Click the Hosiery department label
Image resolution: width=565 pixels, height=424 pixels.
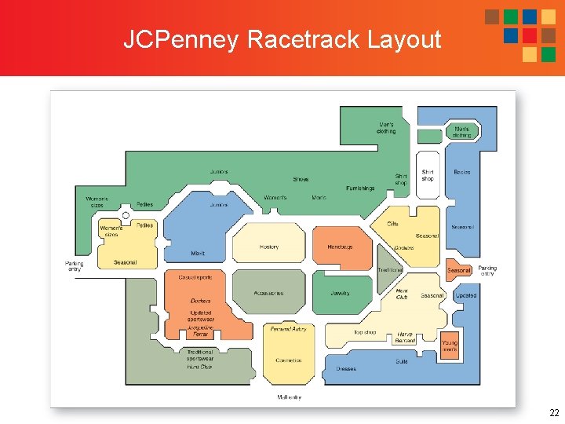click(x=268, y=247)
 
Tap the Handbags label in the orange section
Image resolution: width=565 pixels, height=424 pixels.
click(x=340, y=247)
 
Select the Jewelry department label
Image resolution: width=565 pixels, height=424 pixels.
click(x=340, y=294)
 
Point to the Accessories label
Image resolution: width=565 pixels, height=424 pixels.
click(x=268, y=294)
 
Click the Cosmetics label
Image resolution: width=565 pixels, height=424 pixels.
click(x=289, y=360)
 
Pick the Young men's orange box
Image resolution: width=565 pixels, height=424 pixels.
click(x=449, y=345)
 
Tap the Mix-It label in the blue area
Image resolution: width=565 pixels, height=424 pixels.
click(x=198, y=254)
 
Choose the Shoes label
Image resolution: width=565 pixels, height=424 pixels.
click(x=301, y=180)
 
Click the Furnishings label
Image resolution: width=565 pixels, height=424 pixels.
click(x=360, y=188)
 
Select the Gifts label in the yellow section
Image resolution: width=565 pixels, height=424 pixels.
click(x=392, y=224)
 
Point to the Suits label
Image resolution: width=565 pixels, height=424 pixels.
click(x=401, y=361)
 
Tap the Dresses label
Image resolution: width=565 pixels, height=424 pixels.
click(x=346, y=368)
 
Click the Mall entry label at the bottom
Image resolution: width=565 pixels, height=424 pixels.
click(x=289, y=397)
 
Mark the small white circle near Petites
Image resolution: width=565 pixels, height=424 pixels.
click(x=126, y=215)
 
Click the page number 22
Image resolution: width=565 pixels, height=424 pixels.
click(x=554, y=412)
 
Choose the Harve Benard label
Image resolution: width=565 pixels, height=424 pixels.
click(x=405, y=337)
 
